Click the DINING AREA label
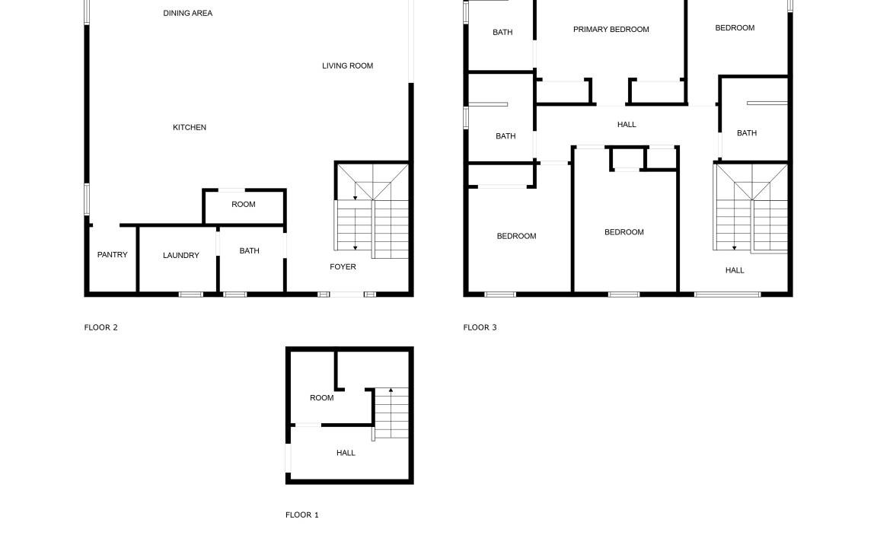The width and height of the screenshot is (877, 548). (x=187, y=13)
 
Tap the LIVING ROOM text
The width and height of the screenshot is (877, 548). (x=347, y=65)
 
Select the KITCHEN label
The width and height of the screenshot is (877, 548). (x=189, y=127)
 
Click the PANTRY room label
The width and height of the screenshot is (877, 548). (x=113, y=254)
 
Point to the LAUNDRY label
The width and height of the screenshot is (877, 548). (x=180, y=255)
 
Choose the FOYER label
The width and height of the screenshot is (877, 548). (x=343, y=266)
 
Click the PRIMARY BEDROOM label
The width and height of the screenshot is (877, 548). (x=611, y=29)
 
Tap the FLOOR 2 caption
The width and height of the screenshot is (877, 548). (x=100, y=327)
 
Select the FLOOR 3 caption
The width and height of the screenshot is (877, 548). (x=480, y=327)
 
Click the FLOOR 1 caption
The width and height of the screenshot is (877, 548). (x=302, y=515)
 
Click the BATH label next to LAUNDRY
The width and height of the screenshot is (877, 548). (x=249, y=250)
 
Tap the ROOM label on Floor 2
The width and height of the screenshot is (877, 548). (x=244, y=204)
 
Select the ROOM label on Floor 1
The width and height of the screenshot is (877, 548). (x=321, y=397)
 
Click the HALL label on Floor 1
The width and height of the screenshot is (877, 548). (x=346, y=452)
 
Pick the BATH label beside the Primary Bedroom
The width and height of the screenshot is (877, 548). (x=502, y=32)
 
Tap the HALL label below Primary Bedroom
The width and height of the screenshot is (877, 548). (x=627, y=124)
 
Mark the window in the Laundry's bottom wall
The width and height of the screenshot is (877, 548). (x=191, y=294)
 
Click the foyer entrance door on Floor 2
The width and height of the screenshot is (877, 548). (x=347, y=294)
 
